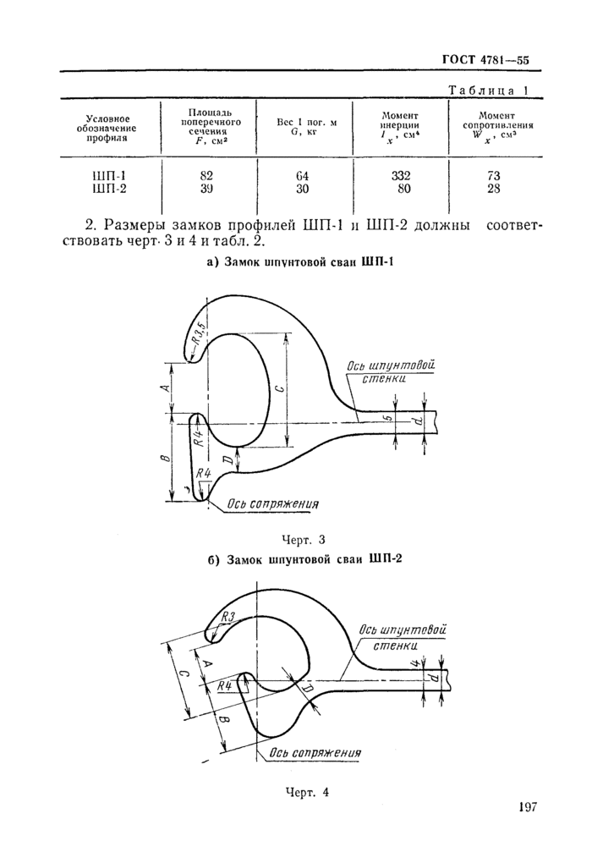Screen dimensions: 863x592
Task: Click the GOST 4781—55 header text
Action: [x=485, y=60]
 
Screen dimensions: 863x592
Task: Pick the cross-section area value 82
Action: [x=206, y=176]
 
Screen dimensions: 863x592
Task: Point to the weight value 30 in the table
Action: [x=303, y=189]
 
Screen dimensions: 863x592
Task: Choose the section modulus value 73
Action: [x=494, y=176]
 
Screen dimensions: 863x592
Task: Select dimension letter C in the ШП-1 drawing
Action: [x=279, y=388]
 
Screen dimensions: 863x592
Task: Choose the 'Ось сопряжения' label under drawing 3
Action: [x=271, y=504]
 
